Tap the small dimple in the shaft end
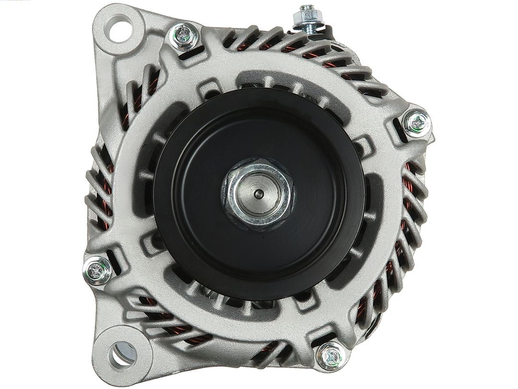pos(258,194)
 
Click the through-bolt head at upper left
pos(184,36)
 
